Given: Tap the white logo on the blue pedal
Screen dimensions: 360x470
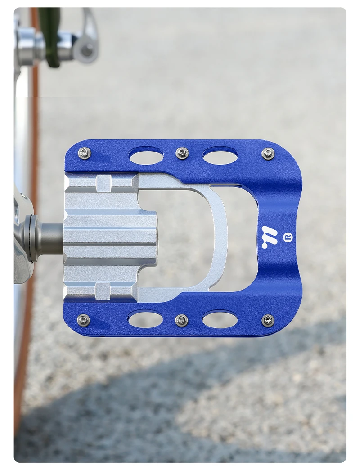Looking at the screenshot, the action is coord(269,237).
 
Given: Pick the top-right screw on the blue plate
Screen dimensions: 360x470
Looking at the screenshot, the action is coord(268,153).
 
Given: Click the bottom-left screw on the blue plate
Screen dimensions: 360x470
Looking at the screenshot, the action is coord(84,320).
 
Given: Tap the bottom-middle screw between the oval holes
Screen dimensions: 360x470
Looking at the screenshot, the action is coord(181,320).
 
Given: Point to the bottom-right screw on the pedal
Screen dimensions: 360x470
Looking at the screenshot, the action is coord(268,320).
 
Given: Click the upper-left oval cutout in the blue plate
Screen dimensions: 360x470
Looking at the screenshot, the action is coord(146,155).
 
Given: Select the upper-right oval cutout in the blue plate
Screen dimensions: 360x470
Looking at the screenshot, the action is coord(220,155).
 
